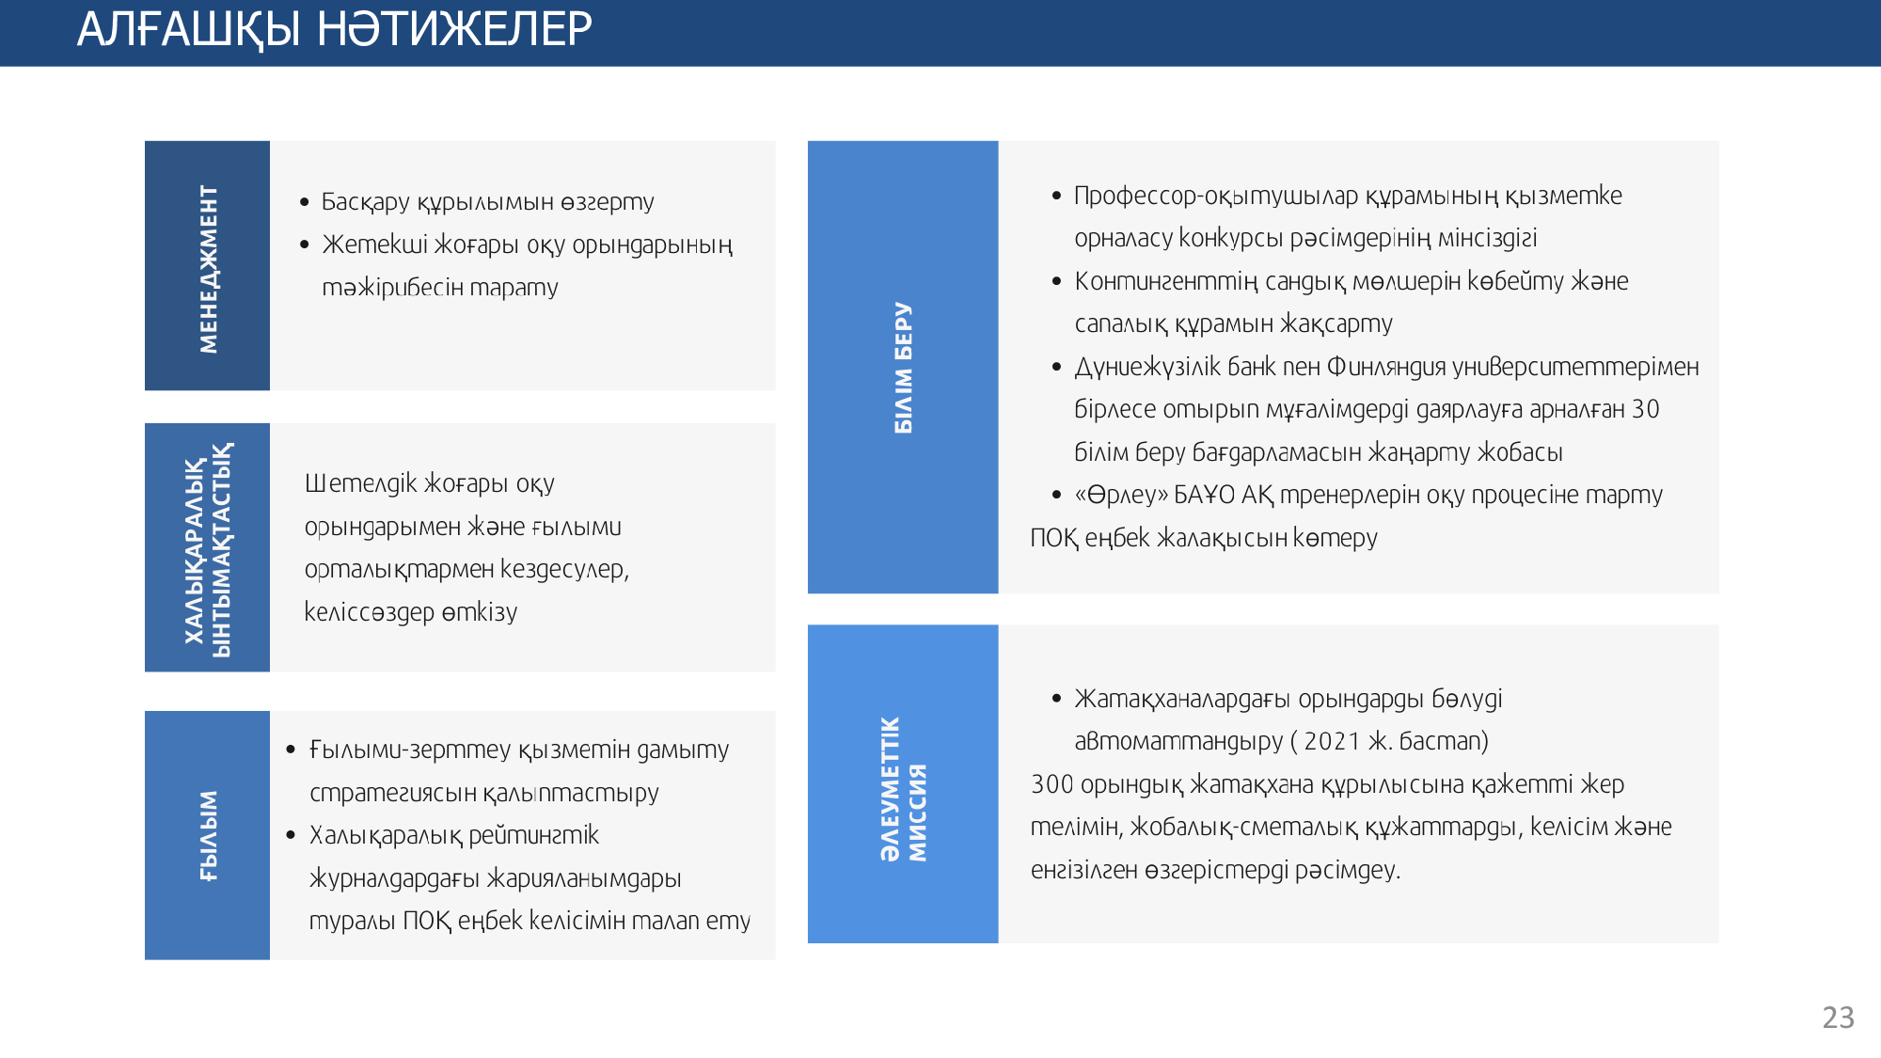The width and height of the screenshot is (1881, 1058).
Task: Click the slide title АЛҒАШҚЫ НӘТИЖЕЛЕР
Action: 334,29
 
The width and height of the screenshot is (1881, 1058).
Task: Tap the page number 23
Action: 1838,1018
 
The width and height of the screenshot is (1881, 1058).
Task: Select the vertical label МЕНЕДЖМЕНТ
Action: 208,268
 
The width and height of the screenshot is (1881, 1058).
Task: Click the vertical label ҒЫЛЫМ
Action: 208,835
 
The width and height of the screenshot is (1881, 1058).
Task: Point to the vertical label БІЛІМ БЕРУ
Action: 903,368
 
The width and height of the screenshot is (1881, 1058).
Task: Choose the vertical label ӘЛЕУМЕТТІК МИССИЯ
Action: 903,788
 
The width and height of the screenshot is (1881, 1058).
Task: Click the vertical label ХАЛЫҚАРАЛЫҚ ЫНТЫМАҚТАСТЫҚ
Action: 208,549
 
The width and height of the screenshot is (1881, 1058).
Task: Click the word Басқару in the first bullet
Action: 366,202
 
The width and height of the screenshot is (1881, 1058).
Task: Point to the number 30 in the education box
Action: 1645,409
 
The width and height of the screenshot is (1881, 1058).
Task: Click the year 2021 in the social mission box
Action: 1331,741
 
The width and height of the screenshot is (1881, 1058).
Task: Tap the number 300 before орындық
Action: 1051,784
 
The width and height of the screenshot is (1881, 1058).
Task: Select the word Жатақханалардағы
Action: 1182,699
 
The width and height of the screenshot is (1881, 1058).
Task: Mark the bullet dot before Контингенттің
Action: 1056,281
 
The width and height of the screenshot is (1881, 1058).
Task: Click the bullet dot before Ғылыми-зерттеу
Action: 292,750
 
